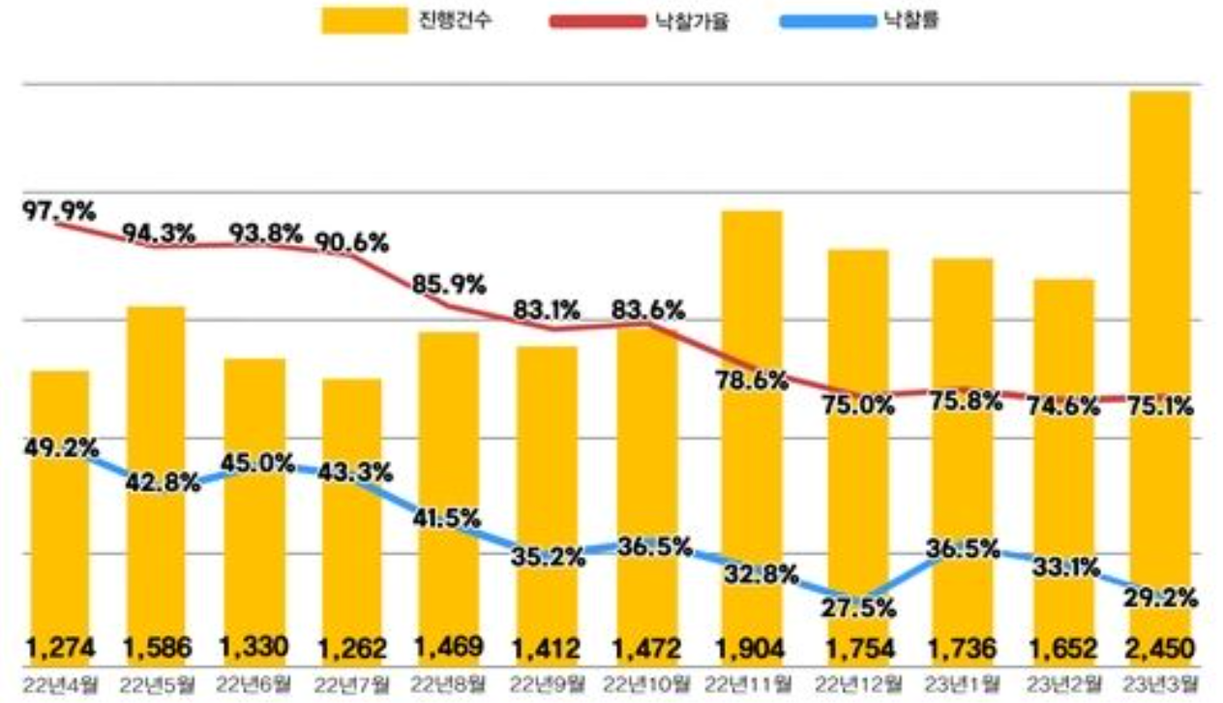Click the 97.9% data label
coord(59,209)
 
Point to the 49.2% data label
coord(58,449)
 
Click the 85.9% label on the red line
coord(448,287)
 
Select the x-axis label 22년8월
coord(448,684)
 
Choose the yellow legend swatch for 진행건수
coord(365,20)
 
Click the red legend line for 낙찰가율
coord(597,20)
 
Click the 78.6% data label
coord(751,382)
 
